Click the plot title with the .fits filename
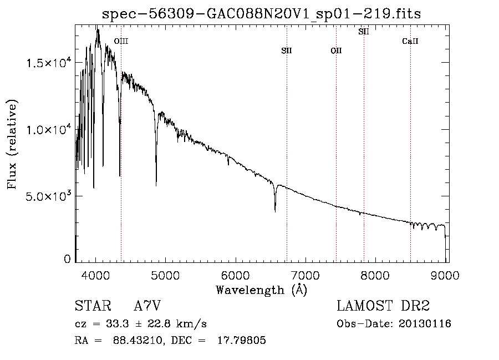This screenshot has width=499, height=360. pyautogui.click(x=261, y=14)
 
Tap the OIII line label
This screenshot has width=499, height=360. pyautogui.click(x=121, y=41)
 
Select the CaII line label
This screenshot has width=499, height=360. pyautogui.click(x=410, y=41)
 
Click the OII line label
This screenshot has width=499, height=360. pyautogui.click(x=336, y=50)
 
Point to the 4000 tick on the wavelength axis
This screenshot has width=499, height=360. pyautogui.click(x=96, y=275)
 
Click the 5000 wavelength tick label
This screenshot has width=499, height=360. pyautogui.click(x=165, y=275)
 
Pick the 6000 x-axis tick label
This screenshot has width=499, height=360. pyautogui.click(x=236, y=275)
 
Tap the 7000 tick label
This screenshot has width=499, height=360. pyautogui.click(x=305, y=275)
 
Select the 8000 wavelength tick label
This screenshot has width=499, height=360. pyautogui.click(x=375, y=275)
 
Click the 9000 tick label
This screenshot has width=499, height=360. pyautogui.click(x=445, y=275)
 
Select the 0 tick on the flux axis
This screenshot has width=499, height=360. pyautogui.click(x=67, y=259)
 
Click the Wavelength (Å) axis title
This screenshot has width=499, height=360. pyautogui.click(x=262, y=290)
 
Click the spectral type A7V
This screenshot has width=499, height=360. pyautogui.click(x=147, y=306)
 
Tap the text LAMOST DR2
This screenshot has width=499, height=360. pyautogui.click(x=383, y=306)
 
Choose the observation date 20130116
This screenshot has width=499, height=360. pyautogui.click(x=425, y=324)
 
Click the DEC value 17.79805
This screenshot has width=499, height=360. pyautogui.click(x=242, y=340)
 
